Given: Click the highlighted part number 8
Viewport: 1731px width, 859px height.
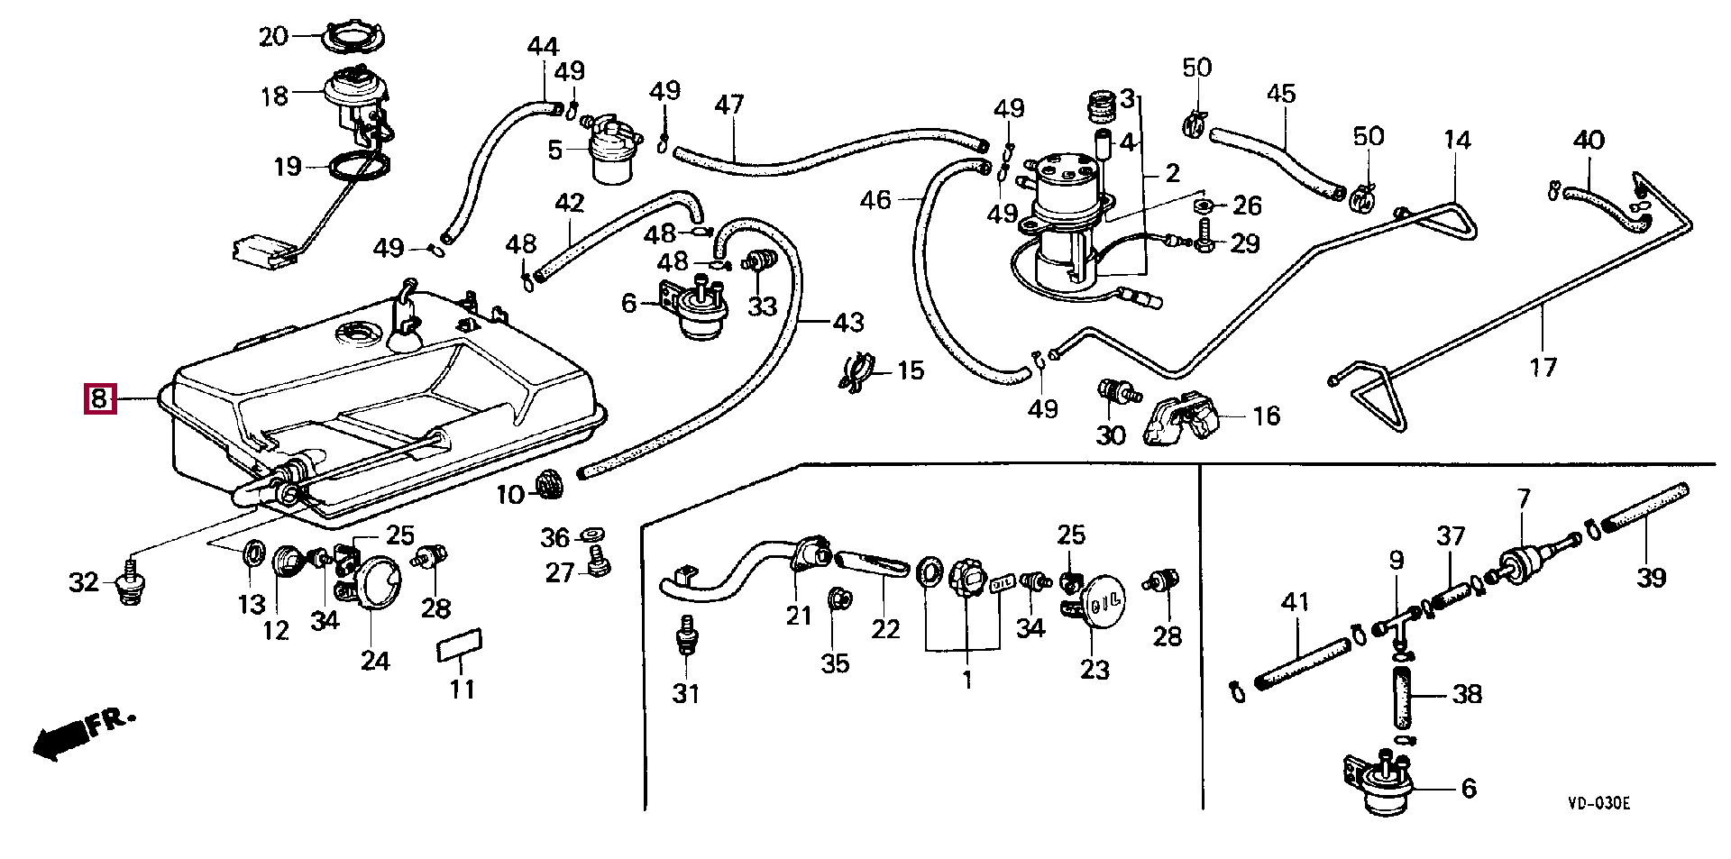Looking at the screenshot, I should [x=99, y=398].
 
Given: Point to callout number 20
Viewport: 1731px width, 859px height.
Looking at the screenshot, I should [x=273, y=37].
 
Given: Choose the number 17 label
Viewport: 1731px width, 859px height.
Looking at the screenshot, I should [x=1543, y=367].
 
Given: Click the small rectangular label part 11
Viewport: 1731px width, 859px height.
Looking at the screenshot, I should [x=461, y=644].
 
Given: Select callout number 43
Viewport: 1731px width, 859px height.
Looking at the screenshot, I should [x=848, y=322].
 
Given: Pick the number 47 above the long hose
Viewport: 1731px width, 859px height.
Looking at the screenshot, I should [x=729, y=105].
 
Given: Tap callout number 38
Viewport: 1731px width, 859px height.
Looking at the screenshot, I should [x=1468, y=694].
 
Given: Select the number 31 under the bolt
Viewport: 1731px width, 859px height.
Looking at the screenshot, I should [x=686, y=694].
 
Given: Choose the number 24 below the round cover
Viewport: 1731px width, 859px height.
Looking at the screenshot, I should [x=375, y=661].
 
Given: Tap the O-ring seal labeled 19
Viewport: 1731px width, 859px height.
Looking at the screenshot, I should [x=359, y=168].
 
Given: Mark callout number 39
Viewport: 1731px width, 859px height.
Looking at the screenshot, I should [x=1651, y=577].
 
